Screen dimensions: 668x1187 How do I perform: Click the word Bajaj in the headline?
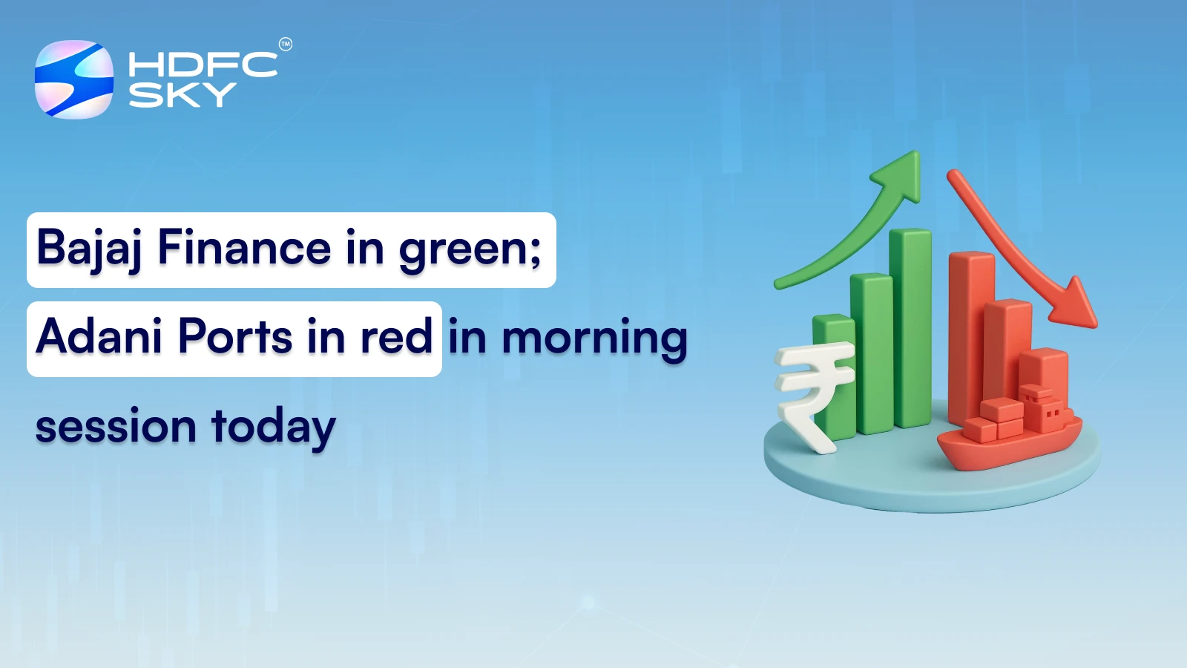pyautogui.click(x=89, y=249)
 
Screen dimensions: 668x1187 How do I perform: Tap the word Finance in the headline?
pyautogui.click(x=244, y=249)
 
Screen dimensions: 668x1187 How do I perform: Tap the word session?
pyautogui.click(x=116, y=427)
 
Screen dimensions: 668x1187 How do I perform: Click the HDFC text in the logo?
pyautogui.click(x=203, y=65)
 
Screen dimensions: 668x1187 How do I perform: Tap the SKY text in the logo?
pyautogui.click(x=182, y=95)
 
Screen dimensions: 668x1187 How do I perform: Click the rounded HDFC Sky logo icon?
pyautogui.click(x=74, y=79)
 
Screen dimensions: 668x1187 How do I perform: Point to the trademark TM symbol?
pyautogui.click(x=286, y=45)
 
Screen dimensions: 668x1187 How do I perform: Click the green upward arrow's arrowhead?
pyautogui.click(x=900, y=174)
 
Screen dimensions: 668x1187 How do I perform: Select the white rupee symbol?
pyautogui.click(x=812, y=393)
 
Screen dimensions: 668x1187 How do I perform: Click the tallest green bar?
pyautogui.click(x=910, y=327)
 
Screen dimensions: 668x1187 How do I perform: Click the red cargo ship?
pyautogui.click(x=1009, y=434)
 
